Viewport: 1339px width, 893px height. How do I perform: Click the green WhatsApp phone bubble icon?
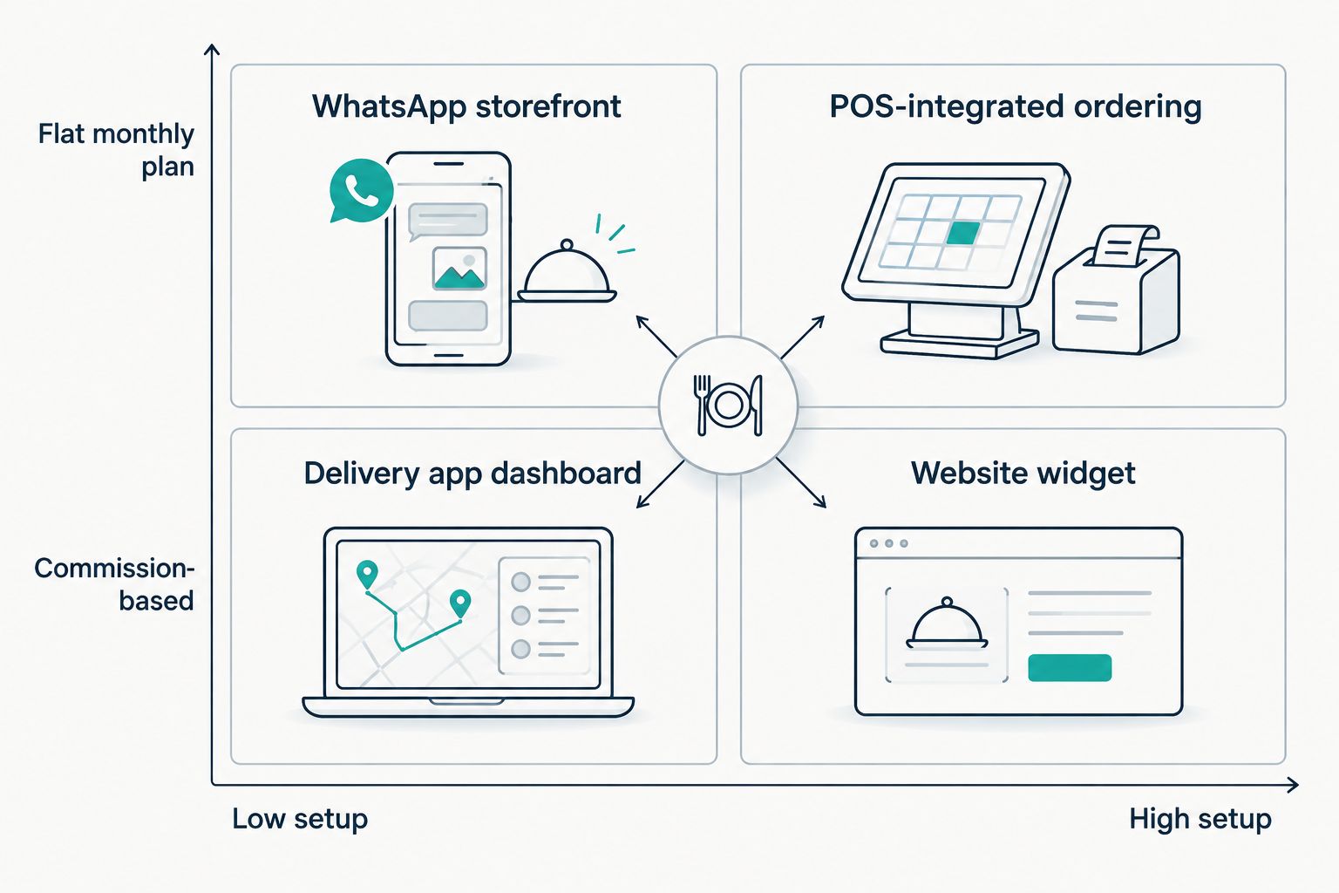361,191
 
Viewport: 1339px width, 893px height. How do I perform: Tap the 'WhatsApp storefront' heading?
466,106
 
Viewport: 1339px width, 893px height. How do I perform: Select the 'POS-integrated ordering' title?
1015,107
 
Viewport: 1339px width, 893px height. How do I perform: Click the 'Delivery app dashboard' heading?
472,474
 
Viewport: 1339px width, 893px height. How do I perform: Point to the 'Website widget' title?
1023,474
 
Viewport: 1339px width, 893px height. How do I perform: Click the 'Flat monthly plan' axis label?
116,150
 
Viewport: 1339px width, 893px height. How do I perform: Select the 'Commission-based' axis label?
114,583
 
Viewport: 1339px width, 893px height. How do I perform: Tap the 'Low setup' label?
300,819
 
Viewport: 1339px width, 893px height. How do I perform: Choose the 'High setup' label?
1200,819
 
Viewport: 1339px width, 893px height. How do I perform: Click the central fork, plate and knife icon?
728,405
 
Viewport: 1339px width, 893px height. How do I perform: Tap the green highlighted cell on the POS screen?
962,233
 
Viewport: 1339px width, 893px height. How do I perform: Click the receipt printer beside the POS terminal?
1116,290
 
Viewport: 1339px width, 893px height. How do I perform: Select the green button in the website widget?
1070,667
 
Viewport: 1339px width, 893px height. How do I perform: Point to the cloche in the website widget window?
947,624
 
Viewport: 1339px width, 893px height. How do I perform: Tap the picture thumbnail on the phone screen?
459,269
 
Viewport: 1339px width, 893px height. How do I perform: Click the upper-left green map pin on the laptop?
366,574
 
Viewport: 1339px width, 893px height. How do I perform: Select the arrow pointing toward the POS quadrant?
803,337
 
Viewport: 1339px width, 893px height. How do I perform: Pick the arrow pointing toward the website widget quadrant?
801,483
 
